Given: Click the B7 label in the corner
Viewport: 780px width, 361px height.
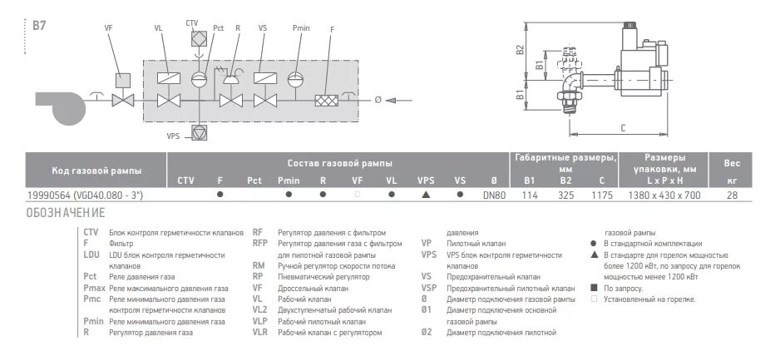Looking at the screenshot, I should point(38,27).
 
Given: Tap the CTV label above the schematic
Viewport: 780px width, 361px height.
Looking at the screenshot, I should point(193,22).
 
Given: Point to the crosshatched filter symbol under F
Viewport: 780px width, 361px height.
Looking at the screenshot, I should point(325,101).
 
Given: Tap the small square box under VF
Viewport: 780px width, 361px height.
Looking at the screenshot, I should point(124,80).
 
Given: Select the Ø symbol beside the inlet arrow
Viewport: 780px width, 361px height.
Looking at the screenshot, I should point(378,101).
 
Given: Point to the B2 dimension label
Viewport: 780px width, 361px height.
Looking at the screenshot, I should point(521,49).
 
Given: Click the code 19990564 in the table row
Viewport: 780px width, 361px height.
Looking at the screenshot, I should point(49,196).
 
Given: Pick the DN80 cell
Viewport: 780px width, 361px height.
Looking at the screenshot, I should point(494,196).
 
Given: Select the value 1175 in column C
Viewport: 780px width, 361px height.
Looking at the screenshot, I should point(601,196).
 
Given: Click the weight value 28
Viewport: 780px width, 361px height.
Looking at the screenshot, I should point(732,196).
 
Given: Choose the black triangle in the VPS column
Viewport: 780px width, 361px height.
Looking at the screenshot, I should point(426,196).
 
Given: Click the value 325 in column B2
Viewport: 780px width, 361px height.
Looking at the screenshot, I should point(565,196).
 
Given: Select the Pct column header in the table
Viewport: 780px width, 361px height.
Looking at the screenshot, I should point(254,180).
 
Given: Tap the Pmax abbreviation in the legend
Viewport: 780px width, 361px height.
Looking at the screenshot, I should point(94,285).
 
